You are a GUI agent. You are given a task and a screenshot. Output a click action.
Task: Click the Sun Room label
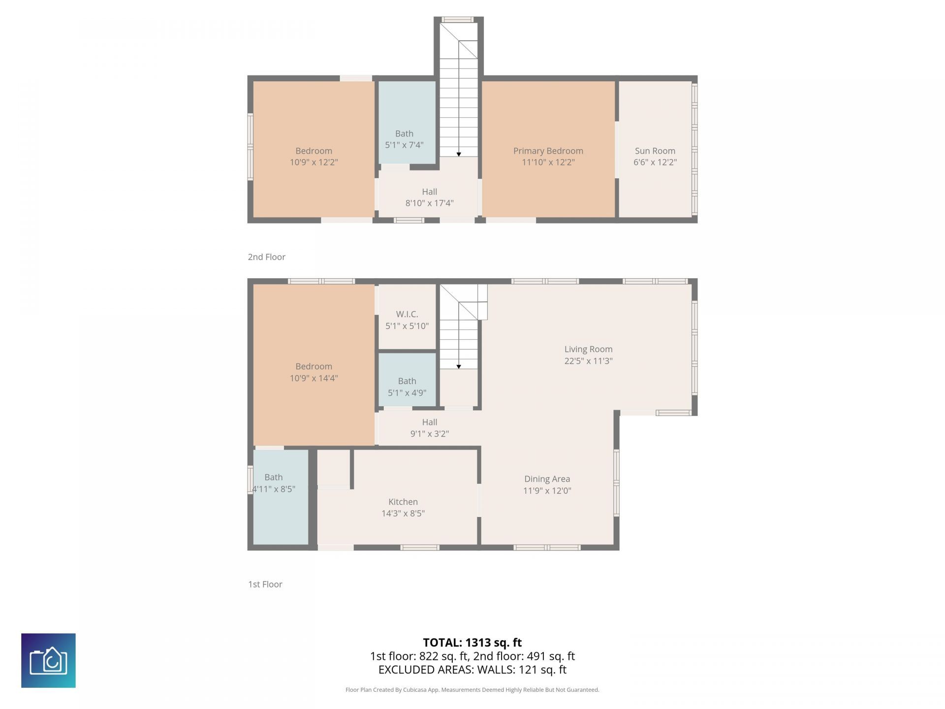coord(655,151)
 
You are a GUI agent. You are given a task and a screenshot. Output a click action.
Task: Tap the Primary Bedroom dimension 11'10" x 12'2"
coord(548,162)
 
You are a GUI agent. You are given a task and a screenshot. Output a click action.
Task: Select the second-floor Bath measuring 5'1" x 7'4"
coord(404,139)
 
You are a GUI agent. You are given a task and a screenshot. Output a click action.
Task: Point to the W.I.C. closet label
coord(407,314)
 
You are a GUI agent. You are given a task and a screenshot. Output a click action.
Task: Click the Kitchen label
coord(403,502)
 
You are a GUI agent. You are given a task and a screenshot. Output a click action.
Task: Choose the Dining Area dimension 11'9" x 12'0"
coord(547,490)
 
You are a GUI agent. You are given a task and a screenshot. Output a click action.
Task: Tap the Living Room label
coord(588,349)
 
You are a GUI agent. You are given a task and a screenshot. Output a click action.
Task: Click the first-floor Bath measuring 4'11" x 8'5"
coord(274,483)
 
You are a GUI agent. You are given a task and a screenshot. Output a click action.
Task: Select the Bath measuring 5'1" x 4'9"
coord(407,387)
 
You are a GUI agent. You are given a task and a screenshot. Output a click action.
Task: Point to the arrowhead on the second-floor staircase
coord(459,155)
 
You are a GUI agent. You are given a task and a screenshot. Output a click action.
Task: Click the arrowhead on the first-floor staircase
coord(459,367)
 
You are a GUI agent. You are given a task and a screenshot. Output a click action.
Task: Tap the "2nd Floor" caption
coord(266,257)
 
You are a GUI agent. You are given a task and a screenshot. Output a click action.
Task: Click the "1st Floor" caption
coord(265,584)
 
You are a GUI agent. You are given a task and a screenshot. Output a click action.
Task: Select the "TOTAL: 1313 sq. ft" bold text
coord(472,643)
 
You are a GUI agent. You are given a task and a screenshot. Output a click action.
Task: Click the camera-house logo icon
coord(48,660)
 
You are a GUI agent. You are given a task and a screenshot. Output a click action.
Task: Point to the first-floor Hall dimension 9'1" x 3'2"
coord(429,434)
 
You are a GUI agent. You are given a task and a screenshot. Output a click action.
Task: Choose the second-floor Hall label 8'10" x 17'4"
coord(429,197)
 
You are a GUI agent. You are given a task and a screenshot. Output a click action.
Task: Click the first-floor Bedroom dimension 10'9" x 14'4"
coord(314,378)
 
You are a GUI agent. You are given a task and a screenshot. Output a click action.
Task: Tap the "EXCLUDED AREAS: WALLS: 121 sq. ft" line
coord(472,670)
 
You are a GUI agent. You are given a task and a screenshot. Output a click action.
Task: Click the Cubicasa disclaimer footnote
coord(472,690)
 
